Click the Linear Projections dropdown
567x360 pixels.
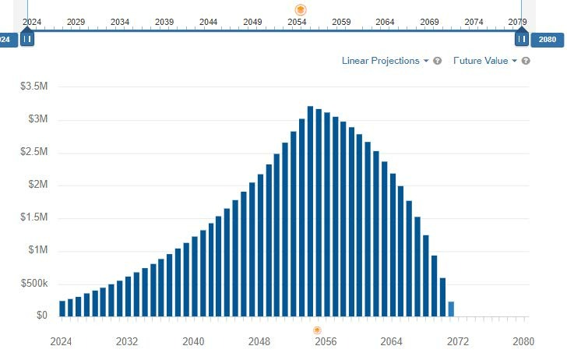coord(385,61)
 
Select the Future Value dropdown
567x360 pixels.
coord(484,61)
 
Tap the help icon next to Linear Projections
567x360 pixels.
coord(438,61)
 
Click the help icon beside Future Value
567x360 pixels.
coord(526,61)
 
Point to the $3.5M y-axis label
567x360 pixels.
coord(33,86)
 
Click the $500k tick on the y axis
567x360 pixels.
coord(33,284)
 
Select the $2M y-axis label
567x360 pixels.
coord(35,185)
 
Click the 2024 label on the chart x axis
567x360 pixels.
coord(61,341)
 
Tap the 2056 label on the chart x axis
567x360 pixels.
coord(325,341)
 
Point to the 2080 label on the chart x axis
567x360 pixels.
coord(523,341)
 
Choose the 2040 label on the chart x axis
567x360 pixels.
coord(193,341)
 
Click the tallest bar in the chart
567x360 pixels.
coord(310,211)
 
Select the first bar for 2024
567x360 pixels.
coord(62,309)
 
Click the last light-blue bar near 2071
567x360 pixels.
coord(451,309)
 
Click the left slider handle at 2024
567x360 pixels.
coord(27,38)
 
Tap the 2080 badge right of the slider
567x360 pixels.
coord(546,38)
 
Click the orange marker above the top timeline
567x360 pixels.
coord(301,9)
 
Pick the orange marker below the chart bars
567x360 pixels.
coord(318,331)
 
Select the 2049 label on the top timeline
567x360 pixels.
coord(252,22)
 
